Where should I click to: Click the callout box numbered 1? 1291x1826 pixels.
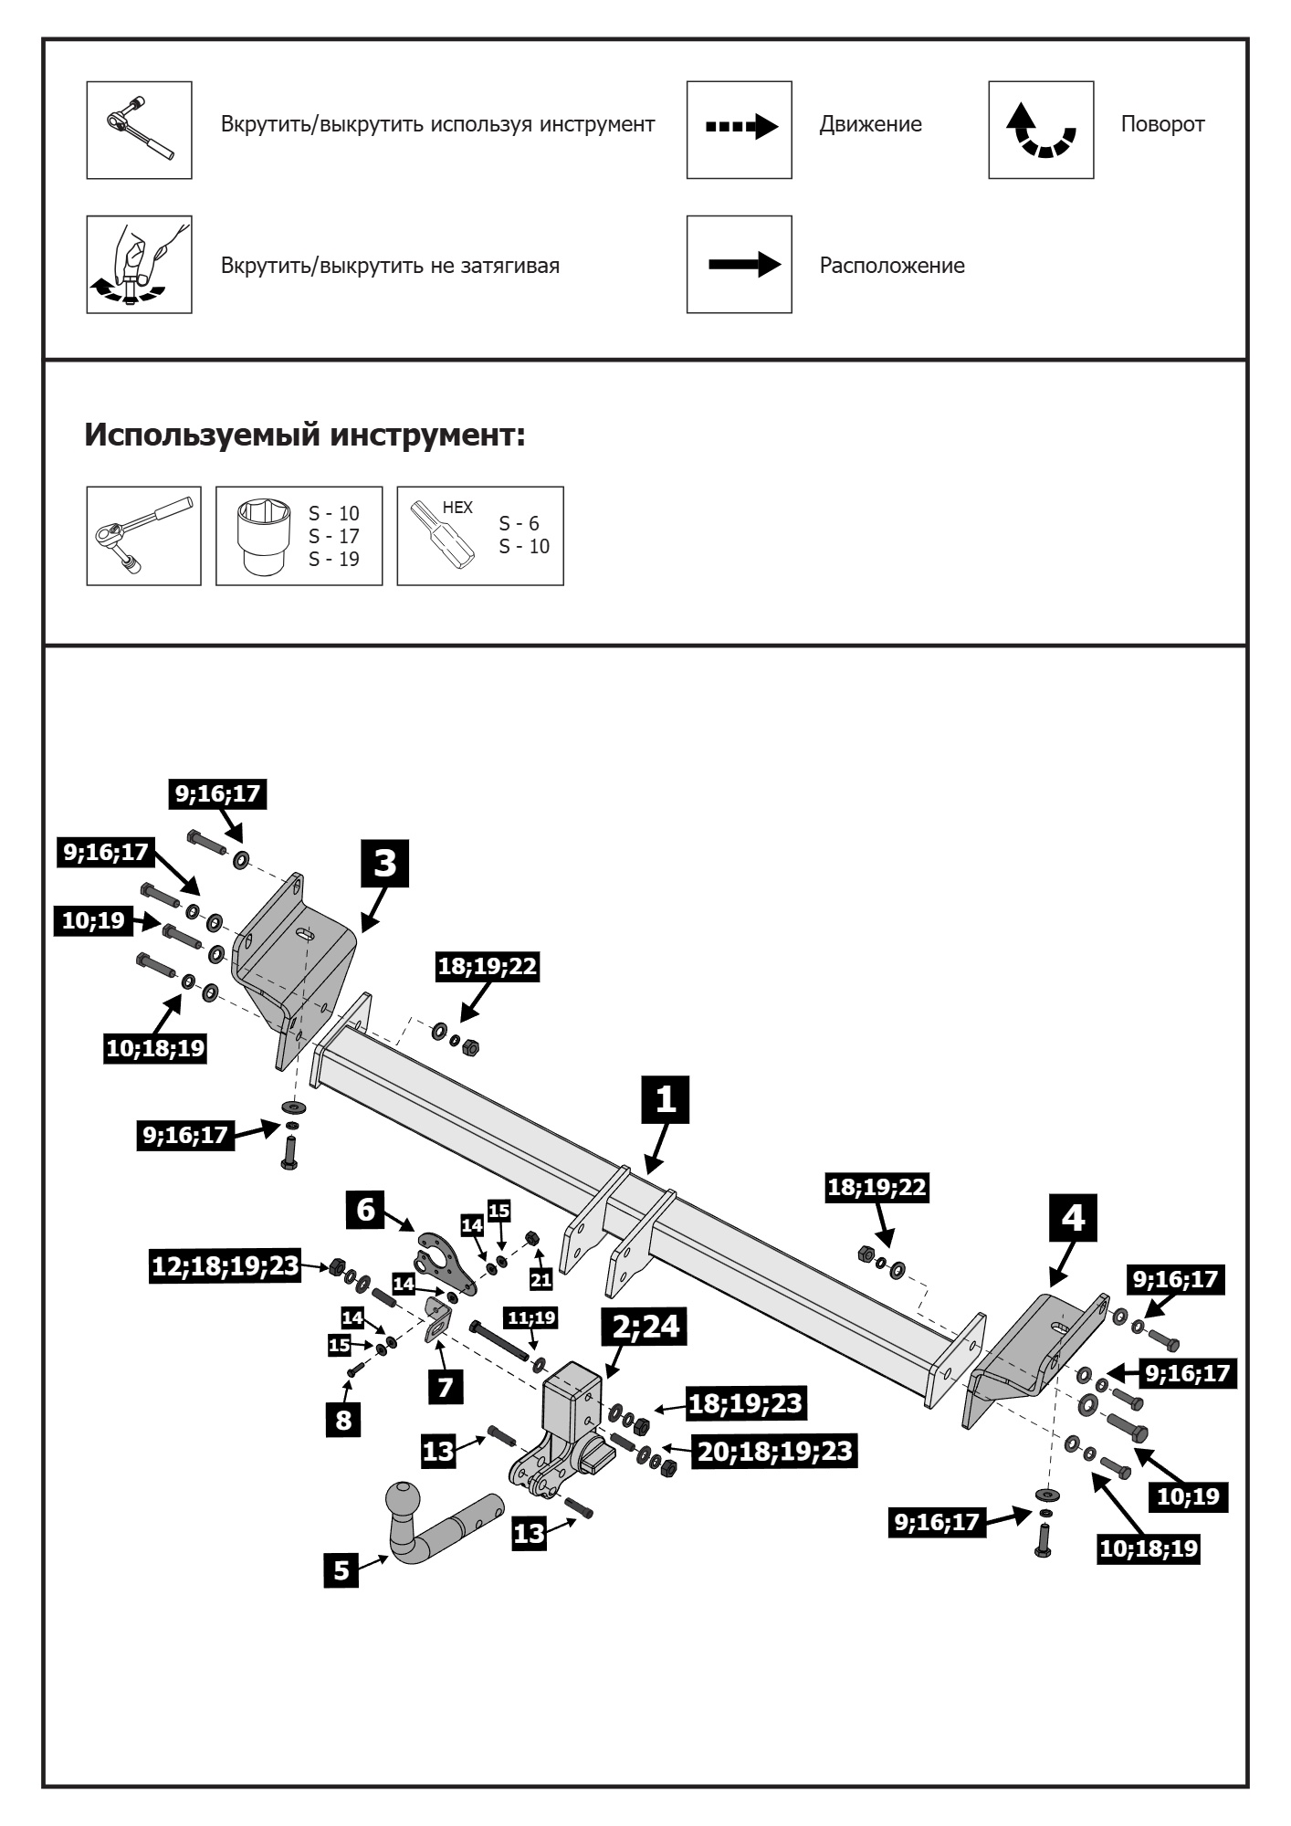(666, 1099)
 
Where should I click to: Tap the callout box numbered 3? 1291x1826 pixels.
(385, 863)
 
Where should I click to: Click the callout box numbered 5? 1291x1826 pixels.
(341, 1570)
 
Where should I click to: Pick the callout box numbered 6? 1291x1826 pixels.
(365, 1210)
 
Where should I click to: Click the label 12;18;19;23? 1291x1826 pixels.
(226, 1266)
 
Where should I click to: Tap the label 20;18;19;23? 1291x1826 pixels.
(775, 1450)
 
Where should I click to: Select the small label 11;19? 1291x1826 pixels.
(532, 1317)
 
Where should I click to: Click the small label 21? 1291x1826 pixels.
(541, 1280)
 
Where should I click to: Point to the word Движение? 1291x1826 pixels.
(870, 124)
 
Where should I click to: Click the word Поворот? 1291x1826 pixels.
(1162, 124)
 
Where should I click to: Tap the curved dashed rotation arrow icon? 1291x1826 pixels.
(1041, 130)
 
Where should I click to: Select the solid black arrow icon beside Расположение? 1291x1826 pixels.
(744, 266)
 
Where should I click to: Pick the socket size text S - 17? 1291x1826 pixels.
(334, 537)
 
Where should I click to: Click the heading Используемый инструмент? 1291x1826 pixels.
(305, 436)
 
